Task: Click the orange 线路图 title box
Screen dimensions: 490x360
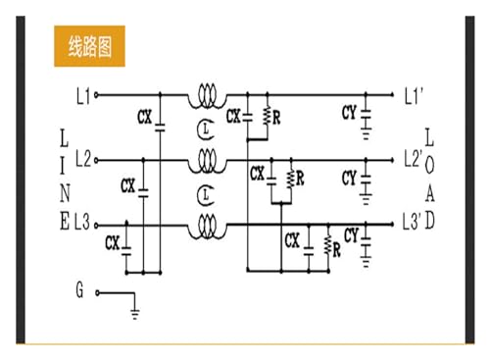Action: pyautogui.click(x=89, y=46)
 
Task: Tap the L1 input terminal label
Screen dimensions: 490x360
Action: pyautogui.click(x=83, y=96)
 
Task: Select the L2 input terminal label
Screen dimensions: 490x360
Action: pyautogui.click(x=83, y=159)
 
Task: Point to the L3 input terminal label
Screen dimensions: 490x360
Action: pyautogui.click(x=82, y=222)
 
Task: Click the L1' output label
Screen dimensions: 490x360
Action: pyautogui.click(x=414, y=95)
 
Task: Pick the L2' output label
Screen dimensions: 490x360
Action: pyautogui.click(x=414, y=159)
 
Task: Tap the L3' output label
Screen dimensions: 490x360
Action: pyautogui.click(x=412, y=222)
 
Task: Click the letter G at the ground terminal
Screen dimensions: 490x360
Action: pyautogui.click(x=79, y=289)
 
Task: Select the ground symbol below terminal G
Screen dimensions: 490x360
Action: pyautogui.click(x=135, y=314)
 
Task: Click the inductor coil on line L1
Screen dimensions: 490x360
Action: pyautogui.click(x=207, y=95)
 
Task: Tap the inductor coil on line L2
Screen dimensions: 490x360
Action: pyautogui.click(x=207, y=161)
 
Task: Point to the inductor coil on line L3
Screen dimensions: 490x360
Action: pyautogui.click(x=207, y=227)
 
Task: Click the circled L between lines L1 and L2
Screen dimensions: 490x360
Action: pyautogui.click(x=206, y=129)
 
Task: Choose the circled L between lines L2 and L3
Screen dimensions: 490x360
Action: pyautogui.click(x=206, y=195)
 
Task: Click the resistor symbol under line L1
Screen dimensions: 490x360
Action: pyautogui.click(x=268, y=115)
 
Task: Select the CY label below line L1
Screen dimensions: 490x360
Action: pyautogui.click(x=349, y=113)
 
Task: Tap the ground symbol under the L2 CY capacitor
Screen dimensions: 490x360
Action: pyautogui.click(x=366, y=199)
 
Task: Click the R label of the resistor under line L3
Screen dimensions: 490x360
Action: pyautogui.click(x=337, y=251)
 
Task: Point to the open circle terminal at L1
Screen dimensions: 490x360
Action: pyautogui.click(x=96, y=95)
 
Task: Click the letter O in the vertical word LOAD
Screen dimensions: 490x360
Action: pyautogui.click(x=429, y=166)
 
